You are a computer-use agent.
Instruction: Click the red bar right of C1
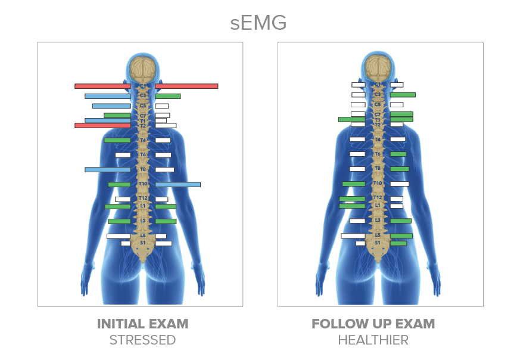pos(186,86)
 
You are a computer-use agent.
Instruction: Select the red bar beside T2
pos(102,126)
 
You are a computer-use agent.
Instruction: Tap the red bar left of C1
pos(102,86)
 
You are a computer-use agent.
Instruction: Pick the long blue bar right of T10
pos(177,185)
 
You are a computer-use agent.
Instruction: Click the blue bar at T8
pos(107,169)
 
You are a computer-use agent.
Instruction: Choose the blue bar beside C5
pos(111,106)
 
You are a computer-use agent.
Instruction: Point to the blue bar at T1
pos(107,120)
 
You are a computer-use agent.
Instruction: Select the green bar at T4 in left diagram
pos(117,141)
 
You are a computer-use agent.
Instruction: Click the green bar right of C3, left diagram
pos(167,96)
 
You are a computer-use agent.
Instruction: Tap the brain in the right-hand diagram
pos(378,68)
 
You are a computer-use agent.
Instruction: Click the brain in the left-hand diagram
pos(143,69)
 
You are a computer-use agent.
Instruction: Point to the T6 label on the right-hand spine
pos(378,154)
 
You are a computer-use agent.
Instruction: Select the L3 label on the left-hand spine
pos(143,221)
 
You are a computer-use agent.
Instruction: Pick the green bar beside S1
pos(398,243)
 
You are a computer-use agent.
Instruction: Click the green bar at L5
pos(401,236)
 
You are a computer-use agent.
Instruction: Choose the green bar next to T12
pos(352,198)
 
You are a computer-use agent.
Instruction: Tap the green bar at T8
pos(399,169)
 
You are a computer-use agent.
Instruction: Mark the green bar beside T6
pos(398,154)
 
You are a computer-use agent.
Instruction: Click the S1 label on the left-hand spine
pos(143,243)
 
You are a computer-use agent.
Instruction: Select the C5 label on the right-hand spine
pos(378,104)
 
